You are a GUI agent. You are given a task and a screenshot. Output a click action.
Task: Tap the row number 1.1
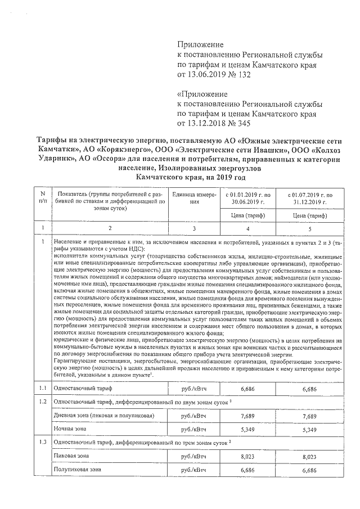pyautogui.click(x=42, y=388)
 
